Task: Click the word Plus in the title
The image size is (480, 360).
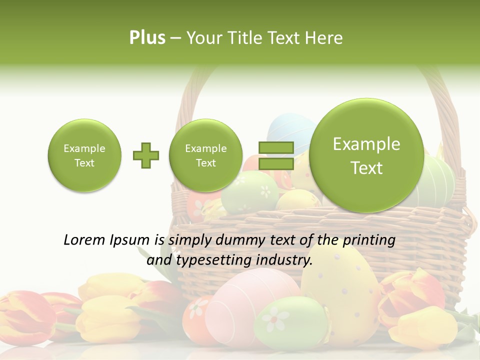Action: (x=147, y=38)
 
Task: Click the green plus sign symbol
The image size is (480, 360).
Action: (x=145, y=155)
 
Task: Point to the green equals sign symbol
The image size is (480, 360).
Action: (x=275, y=155)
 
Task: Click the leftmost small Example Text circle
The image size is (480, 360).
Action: (x=84, y=155)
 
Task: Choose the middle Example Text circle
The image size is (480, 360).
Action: (x=205, y=155)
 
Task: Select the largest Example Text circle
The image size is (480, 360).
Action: (x=366, y=155)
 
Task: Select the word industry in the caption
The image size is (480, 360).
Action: (x=284, y=260)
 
